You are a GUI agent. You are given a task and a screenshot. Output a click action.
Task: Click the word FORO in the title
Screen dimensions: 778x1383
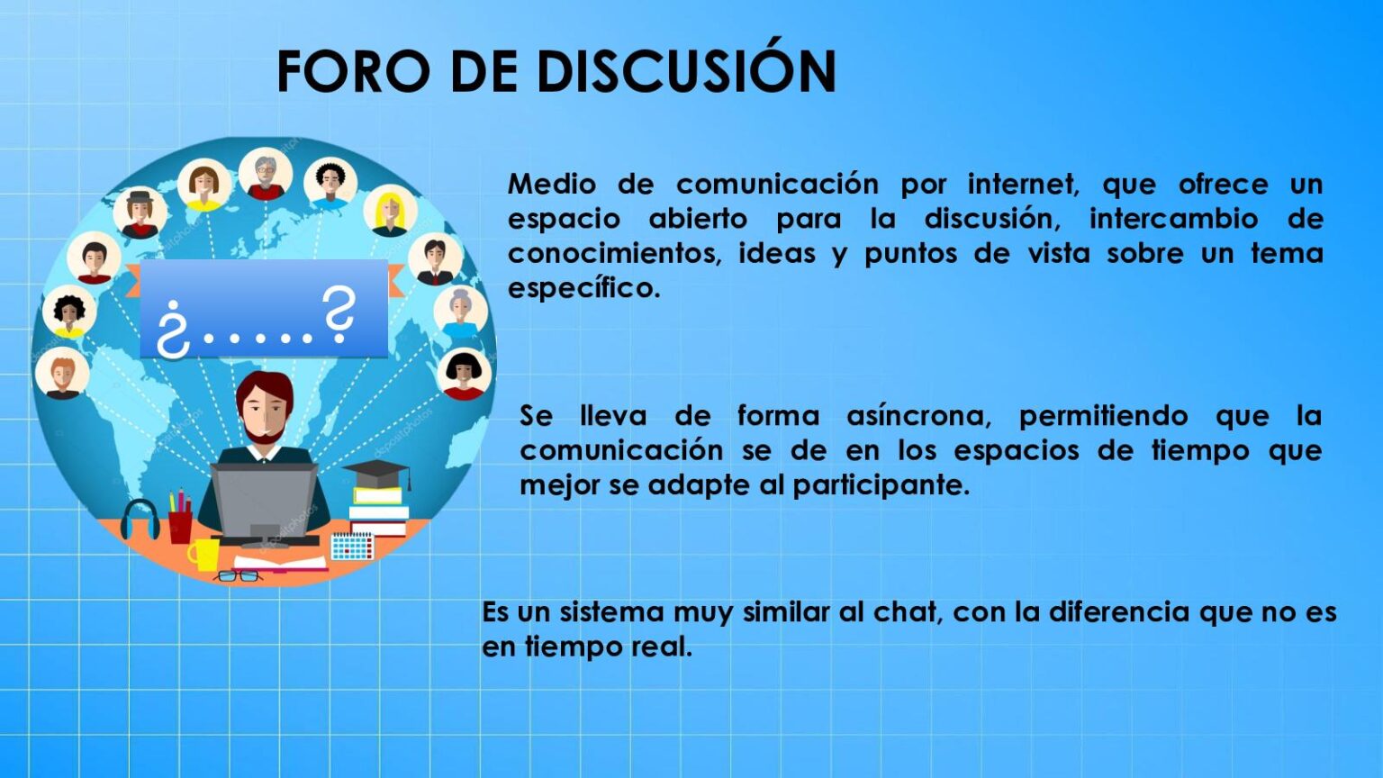coord(353,71)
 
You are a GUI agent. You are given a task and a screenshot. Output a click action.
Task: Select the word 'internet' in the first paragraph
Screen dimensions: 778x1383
coord(1023,185)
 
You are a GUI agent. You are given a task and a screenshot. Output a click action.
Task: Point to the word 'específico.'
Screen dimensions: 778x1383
coord(583,289)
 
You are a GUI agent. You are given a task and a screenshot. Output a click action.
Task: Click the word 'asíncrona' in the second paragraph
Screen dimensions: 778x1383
coord(918,416)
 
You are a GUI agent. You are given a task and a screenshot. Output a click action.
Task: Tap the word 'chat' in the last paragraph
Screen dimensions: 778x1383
coord(907,612)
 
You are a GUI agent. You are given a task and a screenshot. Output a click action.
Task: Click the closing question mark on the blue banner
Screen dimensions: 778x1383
coord(339,315)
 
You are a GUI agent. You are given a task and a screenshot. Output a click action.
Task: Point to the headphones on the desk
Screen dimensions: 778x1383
coord(140,520)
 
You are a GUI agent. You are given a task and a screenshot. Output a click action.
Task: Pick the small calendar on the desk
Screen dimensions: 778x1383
coord(352,546)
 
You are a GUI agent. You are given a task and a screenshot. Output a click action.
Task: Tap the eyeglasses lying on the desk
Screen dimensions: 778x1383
coord(238,575)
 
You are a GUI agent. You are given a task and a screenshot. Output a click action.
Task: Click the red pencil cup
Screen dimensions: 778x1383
coord(180,524)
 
